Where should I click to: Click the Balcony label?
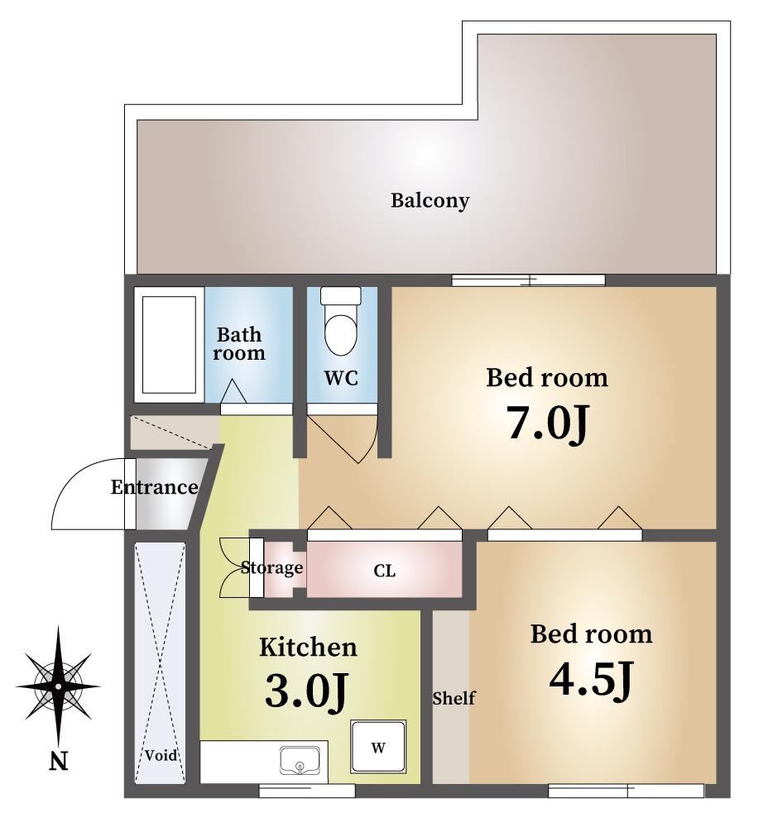(x=430, y=201)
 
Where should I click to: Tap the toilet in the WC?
(x=341, y=320)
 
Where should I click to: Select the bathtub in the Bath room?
(x=169, y=344)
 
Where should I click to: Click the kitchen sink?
(x=300, y=760)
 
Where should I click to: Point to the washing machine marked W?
(x=378, y=747)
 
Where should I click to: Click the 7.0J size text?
(x=547, y=423)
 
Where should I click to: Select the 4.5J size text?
(x=590, y=679)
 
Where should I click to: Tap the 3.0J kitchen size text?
(x=306, y=691)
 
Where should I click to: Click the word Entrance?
(x=154, y=487)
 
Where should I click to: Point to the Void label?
(x=161, y=755)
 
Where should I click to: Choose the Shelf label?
(x=454, y=698)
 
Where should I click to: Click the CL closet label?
(x=384, y=571)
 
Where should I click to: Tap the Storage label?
(x=271, y=567)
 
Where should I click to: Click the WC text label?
(x=341, y=378)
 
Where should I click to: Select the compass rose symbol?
(x=58, y=686)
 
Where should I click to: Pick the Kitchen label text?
(x=308, y=648)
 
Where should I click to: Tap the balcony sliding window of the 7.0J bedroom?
(x=528, y=280)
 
